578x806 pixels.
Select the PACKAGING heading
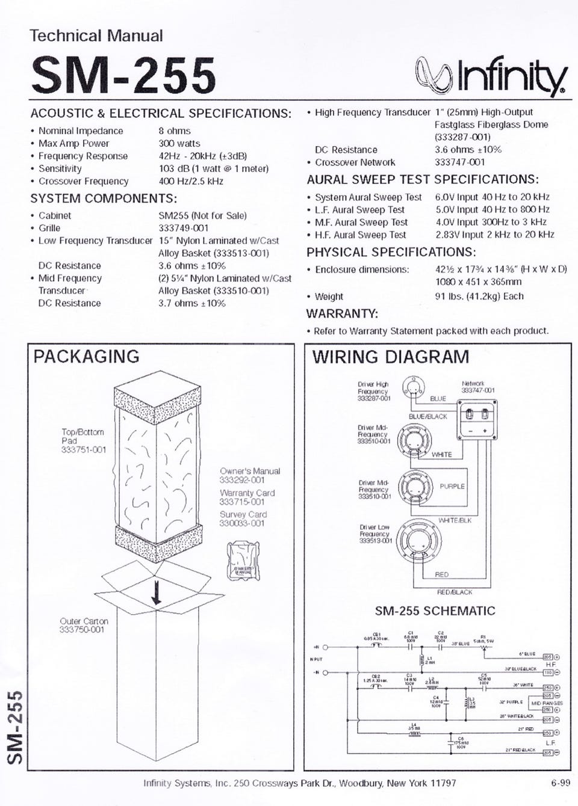(86, 357)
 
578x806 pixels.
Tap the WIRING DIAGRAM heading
(390, 357)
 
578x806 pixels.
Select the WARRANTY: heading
(342, 314)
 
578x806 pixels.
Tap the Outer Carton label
(84, 621)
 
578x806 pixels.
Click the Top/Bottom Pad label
(83, 432)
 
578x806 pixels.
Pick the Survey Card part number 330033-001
(242, 523)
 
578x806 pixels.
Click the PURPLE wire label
(452, 486)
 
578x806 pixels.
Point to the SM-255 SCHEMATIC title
(435, 611)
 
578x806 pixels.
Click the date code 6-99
(560, 783)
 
